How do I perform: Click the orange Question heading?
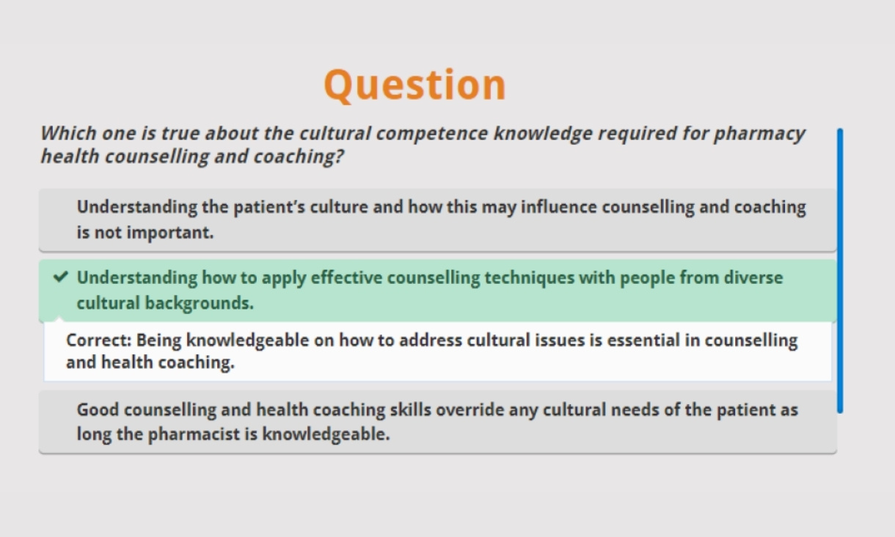tap(414, 84)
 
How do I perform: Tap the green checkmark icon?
tap(60, 277)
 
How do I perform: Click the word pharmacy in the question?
tap(759, 134)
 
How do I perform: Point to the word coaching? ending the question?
tap(299, 156)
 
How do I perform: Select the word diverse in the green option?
tap(753, 277)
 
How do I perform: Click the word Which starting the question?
tap(67, 134)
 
